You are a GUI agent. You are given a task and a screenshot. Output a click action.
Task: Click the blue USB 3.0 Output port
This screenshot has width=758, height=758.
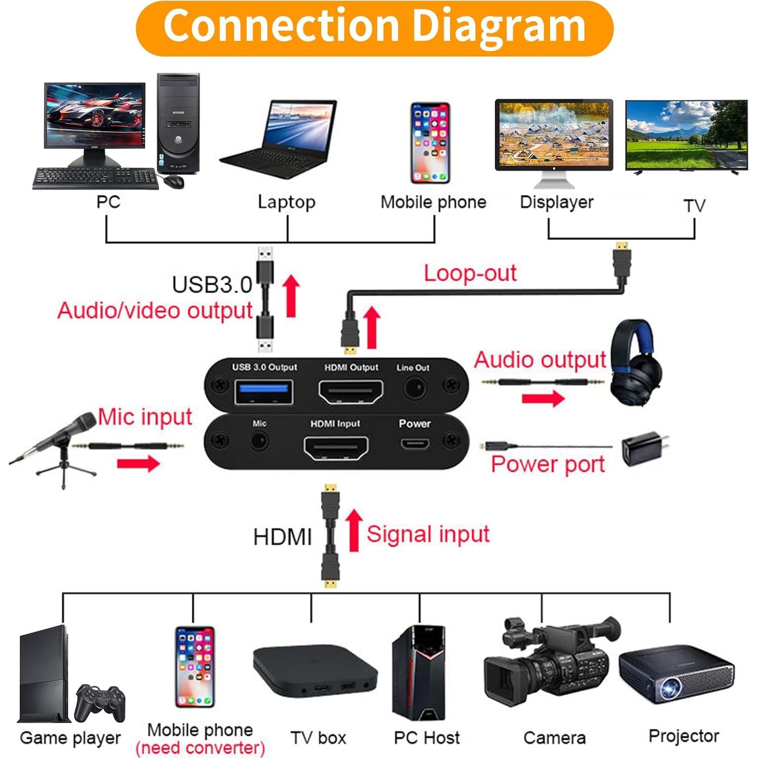click(x=263, y=391)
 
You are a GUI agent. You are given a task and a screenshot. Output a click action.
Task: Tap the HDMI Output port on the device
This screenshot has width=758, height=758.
click(x=351, y=391)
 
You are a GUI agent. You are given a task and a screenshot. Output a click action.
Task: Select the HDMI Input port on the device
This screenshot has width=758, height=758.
click(x=336, y=447)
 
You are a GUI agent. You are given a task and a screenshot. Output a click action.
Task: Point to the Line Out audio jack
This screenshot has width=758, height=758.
click(x=415, y=390)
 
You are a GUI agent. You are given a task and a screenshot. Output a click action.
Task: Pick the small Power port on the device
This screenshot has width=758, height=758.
click(x=415, y=444)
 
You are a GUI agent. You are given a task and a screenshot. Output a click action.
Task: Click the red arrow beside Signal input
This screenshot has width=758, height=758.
click(x=354, y=530)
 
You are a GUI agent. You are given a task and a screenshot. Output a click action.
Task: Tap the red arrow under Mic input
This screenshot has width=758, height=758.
click(x=138, y=462)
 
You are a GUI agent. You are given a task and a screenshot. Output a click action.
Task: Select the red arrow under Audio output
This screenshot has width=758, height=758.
click(x=543, y=398)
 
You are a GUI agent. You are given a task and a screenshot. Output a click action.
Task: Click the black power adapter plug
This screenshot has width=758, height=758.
click(x=643, y=449)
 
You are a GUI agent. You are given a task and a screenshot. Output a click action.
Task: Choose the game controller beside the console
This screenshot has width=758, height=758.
click(x=100, y=702)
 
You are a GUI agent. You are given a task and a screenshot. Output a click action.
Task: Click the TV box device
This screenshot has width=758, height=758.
click(x=315, y=670)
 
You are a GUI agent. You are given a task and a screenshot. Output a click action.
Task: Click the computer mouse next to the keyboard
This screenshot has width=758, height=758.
click(x=174, y=181)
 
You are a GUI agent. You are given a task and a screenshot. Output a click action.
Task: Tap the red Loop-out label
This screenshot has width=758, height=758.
click(x=470, y=273)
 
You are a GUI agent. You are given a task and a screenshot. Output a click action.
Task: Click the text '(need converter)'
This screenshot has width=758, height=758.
click(x=200, y=747)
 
